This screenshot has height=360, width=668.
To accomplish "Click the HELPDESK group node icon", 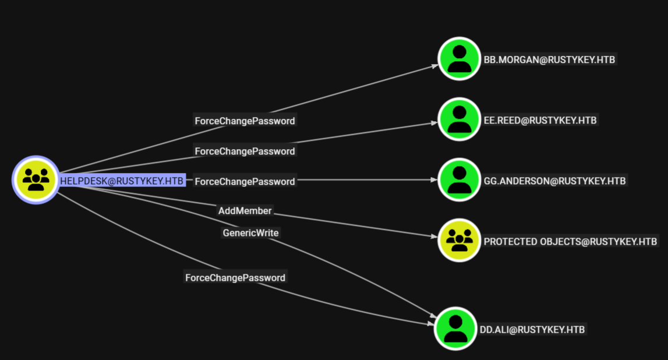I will pos(36,180).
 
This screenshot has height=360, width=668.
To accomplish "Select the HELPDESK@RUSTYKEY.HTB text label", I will pos(122,181).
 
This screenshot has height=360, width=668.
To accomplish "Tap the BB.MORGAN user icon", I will pos(460,59).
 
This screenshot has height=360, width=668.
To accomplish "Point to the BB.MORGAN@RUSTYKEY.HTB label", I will pos(549,60).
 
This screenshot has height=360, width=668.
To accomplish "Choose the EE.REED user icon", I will pos(460,119).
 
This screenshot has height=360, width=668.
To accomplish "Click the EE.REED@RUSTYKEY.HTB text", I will pos(540,121).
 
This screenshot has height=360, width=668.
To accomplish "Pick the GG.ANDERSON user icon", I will pos(460,180).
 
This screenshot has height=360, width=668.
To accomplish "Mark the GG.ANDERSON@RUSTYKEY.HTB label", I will pos(554,181).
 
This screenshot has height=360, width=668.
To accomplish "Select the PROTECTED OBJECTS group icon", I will pos(460,239).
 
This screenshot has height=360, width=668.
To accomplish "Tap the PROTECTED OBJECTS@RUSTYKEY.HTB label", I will pos(570,242).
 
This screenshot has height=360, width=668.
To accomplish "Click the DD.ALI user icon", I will pos(456,329).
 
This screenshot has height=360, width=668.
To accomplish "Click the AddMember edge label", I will pos(245,210).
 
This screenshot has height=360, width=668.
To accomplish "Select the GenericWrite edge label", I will pos(250,233).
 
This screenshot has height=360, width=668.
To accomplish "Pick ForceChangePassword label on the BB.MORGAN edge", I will pos(245,121).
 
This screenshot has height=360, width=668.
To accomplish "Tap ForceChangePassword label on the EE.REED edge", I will pos(245,151).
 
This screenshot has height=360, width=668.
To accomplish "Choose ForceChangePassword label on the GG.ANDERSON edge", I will pos(245,182).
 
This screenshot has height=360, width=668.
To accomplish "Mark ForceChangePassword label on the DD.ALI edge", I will pos(235,278).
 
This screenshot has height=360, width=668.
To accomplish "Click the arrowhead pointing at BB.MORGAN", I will pos(434,66).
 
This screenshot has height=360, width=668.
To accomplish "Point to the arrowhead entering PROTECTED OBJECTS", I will pos(433,237).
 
